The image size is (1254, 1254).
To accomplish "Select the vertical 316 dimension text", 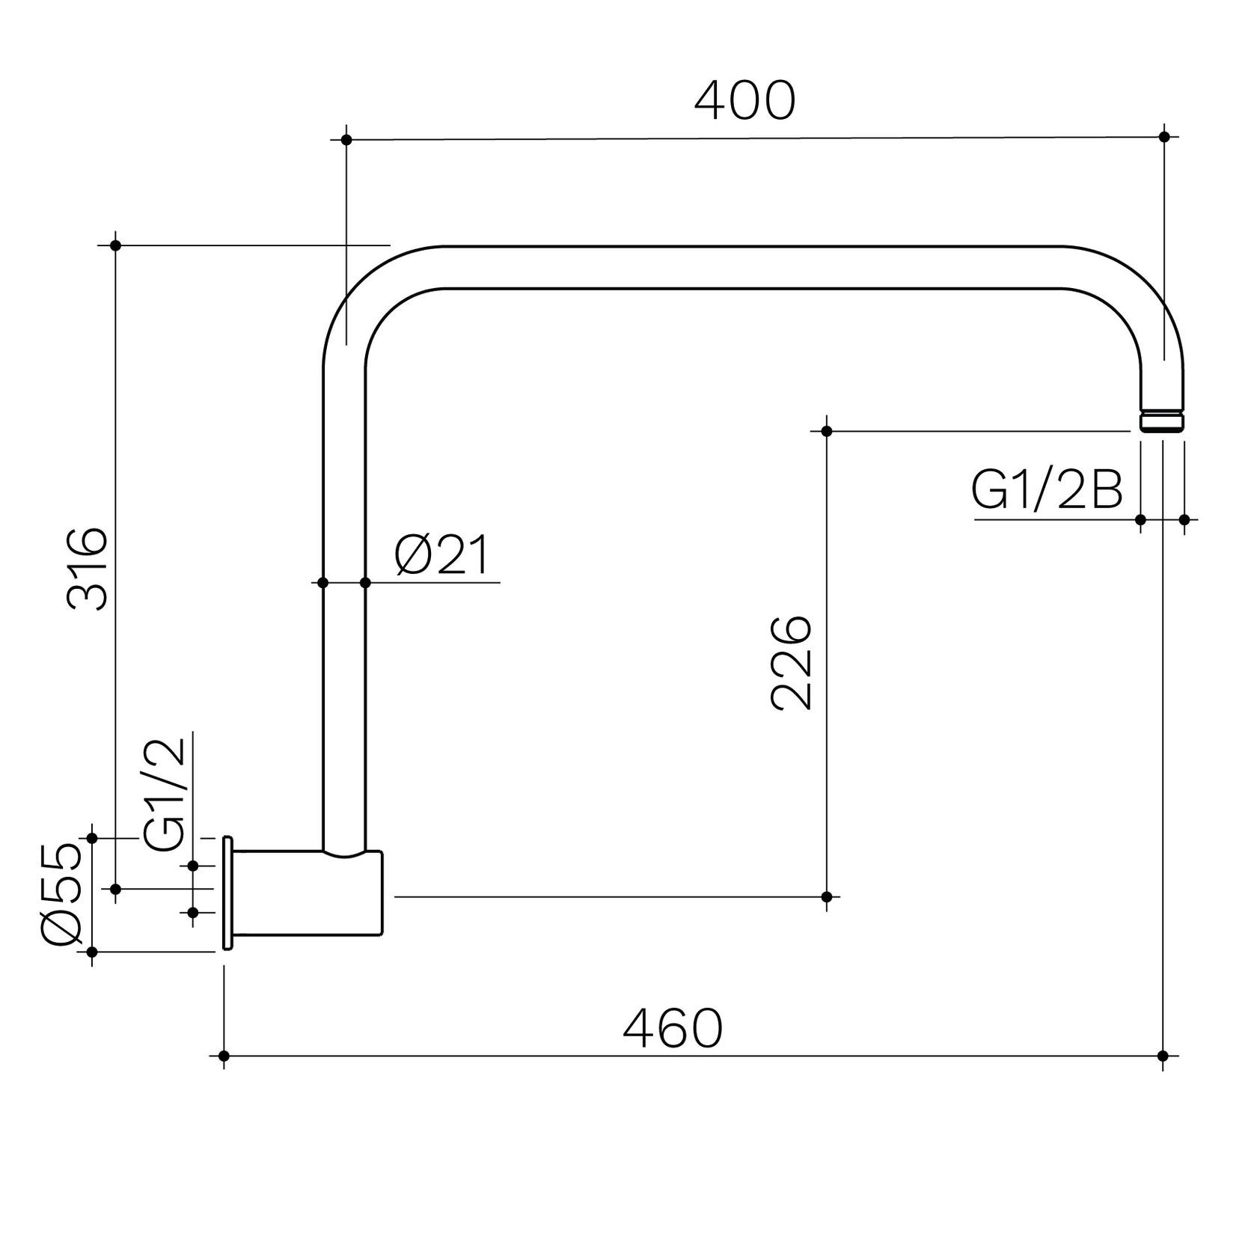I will click(88, 568).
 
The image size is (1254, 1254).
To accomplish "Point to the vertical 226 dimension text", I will click(791, 662).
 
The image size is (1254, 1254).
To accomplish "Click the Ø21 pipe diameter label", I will click(442, 556).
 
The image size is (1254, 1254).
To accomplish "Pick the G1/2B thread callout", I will click(1047, 492).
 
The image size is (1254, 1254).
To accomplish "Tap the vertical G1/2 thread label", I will click(165, 795).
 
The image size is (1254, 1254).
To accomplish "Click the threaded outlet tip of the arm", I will click(1163, 420).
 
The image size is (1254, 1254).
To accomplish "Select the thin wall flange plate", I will click(227, 893).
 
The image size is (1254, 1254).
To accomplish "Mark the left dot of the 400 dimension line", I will click(346, 140).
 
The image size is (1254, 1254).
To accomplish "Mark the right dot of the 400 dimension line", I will click(1164, 136).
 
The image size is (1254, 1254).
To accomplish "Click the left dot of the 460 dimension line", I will click(224, 1056).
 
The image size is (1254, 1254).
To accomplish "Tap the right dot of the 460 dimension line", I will click(1163, 1056).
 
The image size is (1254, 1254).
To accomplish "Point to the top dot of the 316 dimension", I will click(115, 245).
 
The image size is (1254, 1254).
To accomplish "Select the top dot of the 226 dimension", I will click(827, 431).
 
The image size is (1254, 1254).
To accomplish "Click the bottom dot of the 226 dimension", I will click(827, 896).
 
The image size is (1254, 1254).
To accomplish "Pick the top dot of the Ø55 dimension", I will click(92, 837).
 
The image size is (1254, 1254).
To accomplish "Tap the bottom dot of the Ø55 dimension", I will click(92, 952).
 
